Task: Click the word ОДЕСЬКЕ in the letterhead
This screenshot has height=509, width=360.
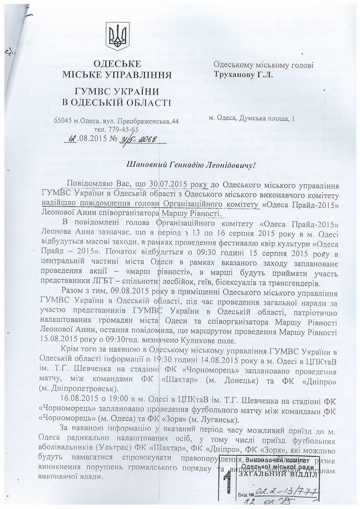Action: pyautogui.click(x=117, y=63)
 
